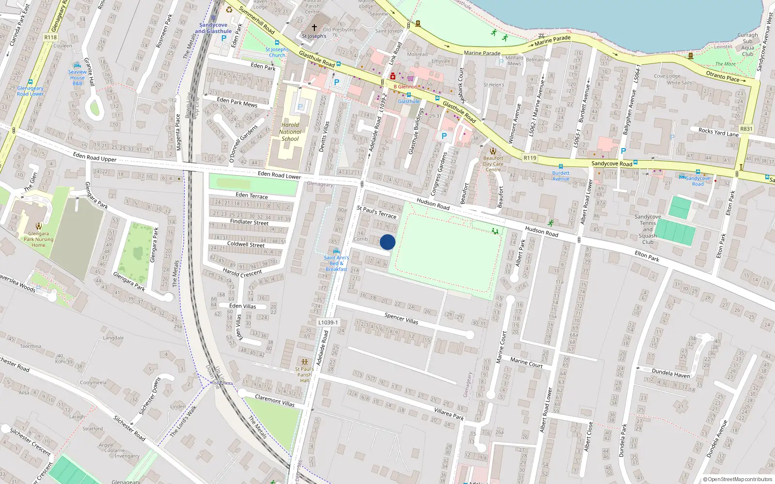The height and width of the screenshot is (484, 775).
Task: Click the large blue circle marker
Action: tap(387, 242)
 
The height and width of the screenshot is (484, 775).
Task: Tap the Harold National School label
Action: tap(290, 132)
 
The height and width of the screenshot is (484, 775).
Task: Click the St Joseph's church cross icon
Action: tap(314, 28)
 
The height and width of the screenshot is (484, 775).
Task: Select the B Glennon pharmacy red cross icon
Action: tap(393, 76)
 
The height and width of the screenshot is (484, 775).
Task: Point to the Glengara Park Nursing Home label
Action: tap(39, 239)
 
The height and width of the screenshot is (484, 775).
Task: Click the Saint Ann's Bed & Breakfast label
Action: tap(336, 263)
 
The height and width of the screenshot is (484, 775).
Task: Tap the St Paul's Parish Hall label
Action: tap(304, 374)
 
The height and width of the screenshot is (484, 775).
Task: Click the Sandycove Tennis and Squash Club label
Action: tap(648, 229)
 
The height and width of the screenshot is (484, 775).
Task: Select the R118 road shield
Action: tap(50, 37)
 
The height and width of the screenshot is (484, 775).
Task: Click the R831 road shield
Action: tap(746, 129)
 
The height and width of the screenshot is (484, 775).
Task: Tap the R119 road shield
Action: tap(530, 158)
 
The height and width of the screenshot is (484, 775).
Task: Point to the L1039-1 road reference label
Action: tap(328, 322)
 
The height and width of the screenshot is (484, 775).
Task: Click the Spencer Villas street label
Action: tap(401, 318)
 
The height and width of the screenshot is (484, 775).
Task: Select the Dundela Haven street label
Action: tap(671, 373)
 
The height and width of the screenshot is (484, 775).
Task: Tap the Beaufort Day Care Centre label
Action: tap(493, 164)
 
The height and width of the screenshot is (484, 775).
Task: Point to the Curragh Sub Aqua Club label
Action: tap(747, 45)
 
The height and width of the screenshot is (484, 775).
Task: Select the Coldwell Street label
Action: tap(246, 244)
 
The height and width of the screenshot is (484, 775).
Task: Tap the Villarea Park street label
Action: tap(449, 414)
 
